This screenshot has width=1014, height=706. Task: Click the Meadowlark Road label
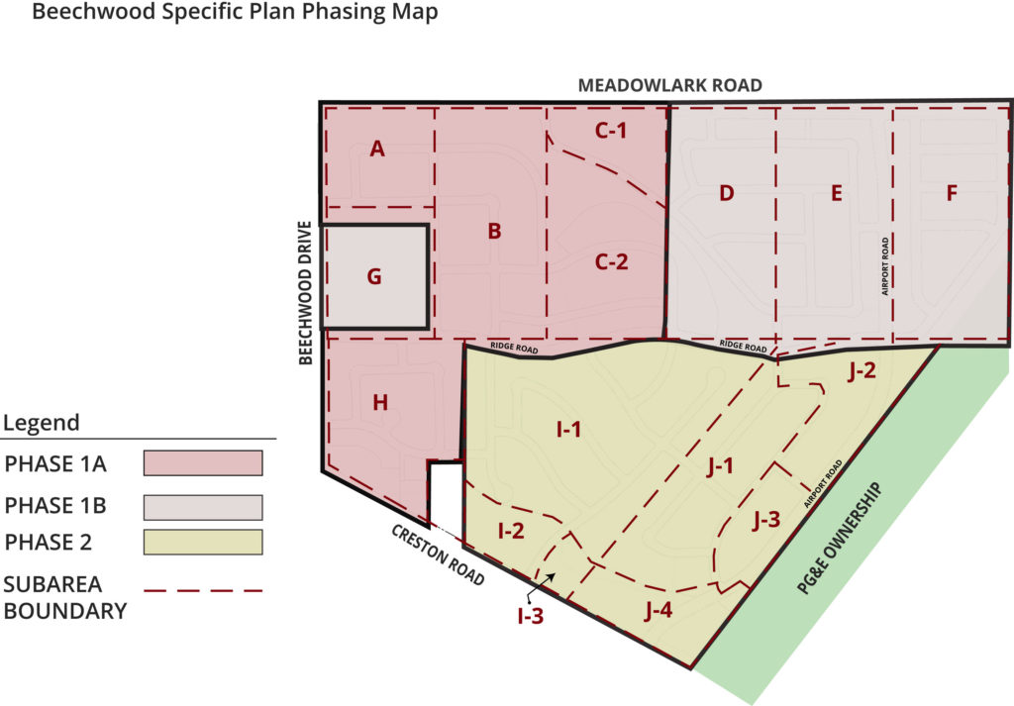pos(670,85)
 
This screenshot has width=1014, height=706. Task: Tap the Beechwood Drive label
pos(306,293)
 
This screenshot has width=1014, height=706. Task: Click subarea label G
pos(374,276)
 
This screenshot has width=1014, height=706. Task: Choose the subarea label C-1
pos(611,130)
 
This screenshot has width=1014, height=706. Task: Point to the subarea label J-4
pos(658,610)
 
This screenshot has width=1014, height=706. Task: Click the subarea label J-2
pos(862,371)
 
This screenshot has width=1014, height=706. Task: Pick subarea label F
pos(952,193)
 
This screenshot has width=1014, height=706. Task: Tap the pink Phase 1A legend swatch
pos(202,463)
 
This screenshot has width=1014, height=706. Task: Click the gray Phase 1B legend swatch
pos(202,507)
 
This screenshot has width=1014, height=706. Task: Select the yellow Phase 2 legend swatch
pos(202,543)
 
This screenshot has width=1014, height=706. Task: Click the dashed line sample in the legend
pos(202,591)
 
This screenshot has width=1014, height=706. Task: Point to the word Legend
pos(42,424)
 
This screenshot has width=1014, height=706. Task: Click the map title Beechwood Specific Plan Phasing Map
pos(235,15)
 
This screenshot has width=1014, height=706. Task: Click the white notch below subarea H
pos(446,490)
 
